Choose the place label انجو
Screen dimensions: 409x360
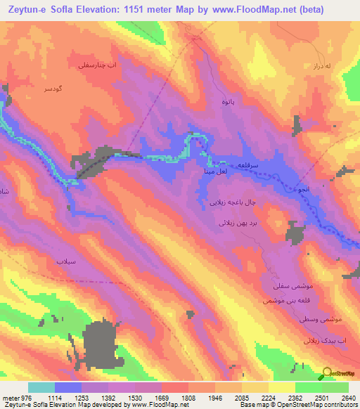tap(303, 190)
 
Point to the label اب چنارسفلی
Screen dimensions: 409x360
tap(94, 64)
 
